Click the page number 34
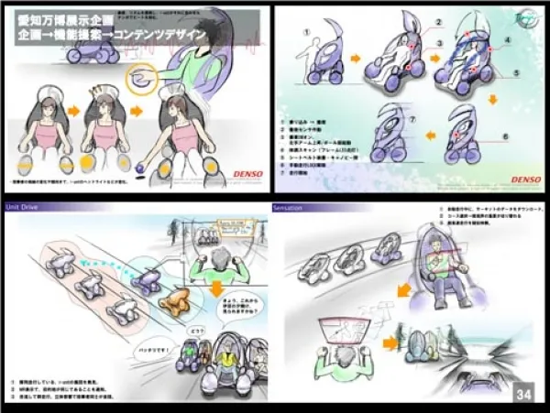pyautogui.click(x=523, y=394)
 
